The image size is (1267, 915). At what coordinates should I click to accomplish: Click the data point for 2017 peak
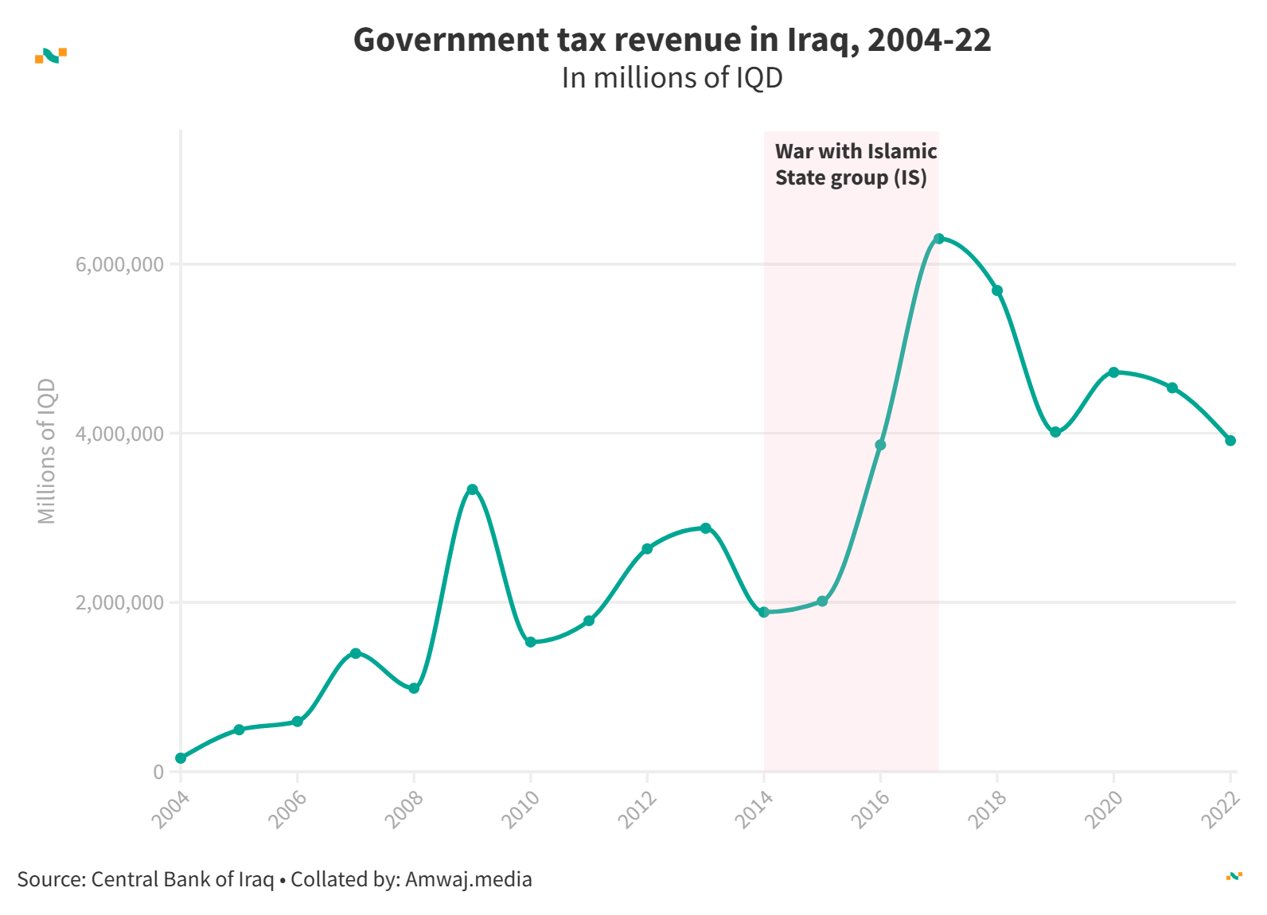[938, 239]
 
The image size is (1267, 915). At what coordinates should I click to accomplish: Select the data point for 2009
[472, 489]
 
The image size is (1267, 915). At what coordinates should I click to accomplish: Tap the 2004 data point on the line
[181, 758]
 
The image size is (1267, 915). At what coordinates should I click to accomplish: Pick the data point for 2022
[1230, 441]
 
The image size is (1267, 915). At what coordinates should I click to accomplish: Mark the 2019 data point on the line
[1055, 432]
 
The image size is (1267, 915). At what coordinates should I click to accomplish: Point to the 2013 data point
[705, 528]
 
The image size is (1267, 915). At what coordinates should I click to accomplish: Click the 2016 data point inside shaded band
[880, 445]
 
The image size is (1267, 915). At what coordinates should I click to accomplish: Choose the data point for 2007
[356, 653]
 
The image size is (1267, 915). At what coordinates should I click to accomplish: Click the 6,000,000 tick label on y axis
[119, 264]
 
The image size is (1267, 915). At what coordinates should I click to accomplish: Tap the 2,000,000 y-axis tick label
[119, 602]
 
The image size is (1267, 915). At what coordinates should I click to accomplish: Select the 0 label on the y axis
[158, 772]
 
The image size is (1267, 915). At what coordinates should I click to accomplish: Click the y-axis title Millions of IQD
[47, 451]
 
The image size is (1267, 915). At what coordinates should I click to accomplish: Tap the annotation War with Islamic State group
[856, 165]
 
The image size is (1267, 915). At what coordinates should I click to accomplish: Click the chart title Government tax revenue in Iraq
[672, 40]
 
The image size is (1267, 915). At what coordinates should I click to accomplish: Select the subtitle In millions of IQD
[672, 78]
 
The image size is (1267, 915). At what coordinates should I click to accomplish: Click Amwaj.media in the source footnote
[468, 879]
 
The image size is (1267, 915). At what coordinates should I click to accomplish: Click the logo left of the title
[51, 55]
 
